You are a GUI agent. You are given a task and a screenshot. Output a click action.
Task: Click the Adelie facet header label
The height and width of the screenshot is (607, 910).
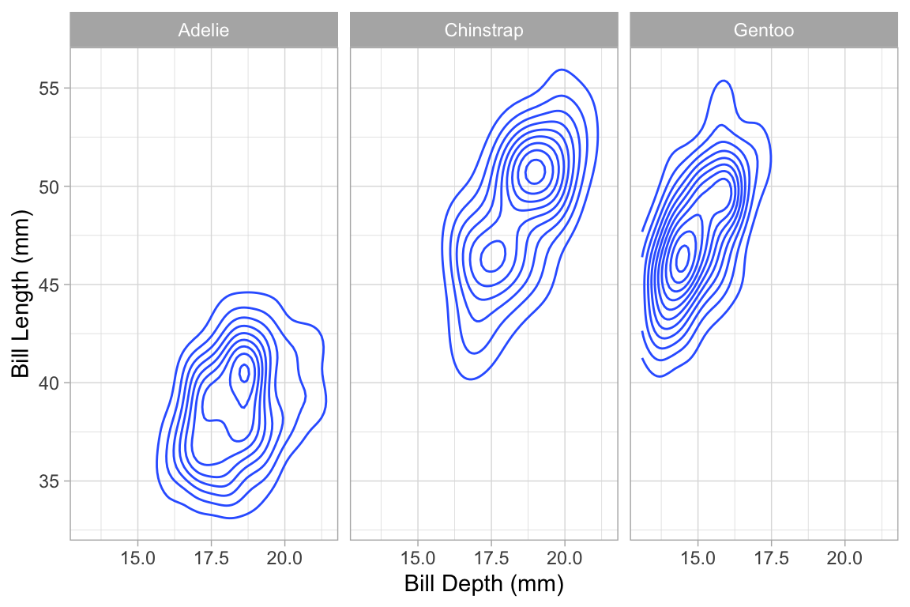point(204,31)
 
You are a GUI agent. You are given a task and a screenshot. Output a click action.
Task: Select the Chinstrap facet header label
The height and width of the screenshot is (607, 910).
point(483,31)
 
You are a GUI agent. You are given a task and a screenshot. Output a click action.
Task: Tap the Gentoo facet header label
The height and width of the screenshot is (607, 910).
point(764,31)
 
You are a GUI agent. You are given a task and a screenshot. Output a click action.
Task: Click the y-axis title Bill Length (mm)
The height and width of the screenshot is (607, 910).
point(21,294)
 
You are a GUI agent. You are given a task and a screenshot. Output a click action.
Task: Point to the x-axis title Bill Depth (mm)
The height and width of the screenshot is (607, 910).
point(483,584)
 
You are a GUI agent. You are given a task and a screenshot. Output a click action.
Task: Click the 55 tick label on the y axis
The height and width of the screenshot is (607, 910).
point(51,88)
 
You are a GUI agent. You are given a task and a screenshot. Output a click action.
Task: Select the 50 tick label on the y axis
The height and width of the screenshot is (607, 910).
point(51,187)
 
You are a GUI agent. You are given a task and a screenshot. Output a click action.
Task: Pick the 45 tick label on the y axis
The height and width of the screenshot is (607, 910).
point(51,285)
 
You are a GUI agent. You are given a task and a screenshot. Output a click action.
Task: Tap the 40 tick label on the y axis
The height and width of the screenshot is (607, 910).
point(51,383)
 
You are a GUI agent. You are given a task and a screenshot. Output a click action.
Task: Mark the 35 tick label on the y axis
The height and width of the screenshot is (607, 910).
point(51,481)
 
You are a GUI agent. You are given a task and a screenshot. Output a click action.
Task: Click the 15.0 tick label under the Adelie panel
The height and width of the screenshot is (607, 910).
point(137,557)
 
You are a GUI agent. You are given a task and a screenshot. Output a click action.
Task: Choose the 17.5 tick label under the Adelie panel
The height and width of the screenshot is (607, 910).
point(211,557)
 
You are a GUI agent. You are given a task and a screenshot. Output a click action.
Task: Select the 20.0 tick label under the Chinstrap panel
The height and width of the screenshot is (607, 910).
point(565,557)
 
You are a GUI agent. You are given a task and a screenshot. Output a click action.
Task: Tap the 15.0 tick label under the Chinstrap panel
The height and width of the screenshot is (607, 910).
point(418,557)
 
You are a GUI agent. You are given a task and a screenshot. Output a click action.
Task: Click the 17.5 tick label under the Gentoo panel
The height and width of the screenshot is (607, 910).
point(772,557)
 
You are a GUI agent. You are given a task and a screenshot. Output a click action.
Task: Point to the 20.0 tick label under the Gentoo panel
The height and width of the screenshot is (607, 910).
point(845,557)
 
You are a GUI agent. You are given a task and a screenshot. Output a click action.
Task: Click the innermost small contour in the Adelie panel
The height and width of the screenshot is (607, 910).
point(244,372)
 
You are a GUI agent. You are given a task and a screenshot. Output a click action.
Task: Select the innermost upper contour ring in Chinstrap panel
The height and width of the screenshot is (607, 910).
point(536,170)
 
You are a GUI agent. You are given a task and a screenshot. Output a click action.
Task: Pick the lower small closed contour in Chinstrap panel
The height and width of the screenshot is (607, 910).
point(494,255)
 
